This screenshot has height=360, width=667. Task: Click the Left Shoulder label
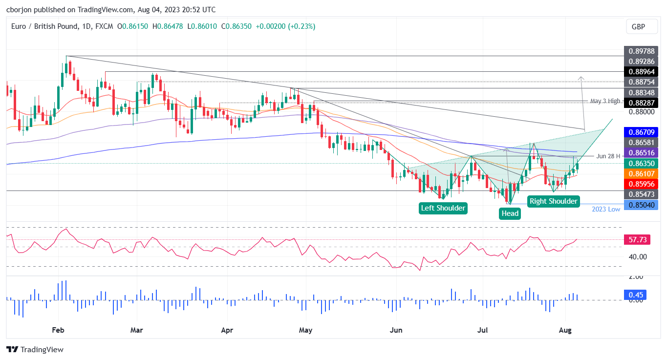443,208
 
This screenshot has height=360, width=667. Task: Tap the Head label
510,213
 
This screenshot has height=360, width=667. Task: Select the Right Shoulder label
553,201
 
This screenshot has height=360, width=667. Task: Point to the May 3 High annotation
605,101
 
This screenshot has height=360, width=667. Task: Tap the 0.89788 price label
641,51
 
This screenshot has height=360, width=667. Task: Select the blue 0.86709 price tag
641,132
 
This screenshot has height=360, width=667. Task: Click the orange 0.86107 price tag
641,173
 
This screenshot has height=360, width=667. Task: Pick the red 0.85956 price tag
641,184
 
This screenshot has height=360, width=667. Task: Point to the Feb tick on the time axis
58,330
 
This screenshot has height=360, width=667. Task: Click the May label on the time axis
305,330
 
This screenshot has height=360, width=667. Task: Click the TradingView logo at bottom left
35,349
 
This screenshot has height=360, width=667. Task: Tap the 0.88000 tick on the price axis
641,112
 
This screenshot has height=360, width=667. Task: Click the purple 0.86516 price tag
641,153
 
